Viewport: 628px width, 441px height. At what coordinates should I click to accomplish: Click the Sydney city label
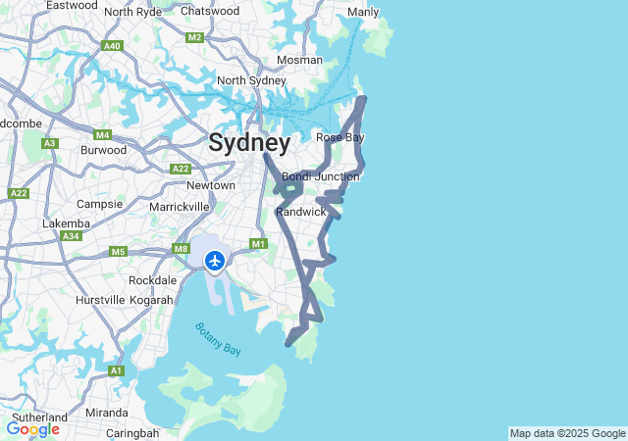tap(249, 143)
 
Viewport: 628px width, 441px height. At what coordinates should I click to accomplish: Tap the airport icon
tap(215, 261)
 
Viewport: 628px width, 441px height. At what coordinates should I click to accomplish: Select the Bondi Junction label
tap(321, 176)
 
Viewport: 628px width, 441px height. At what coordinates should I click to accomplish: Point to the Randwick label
tap(300, 212)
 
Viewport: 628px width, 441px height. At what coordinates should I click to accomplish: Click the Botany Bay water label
tap(217, 338)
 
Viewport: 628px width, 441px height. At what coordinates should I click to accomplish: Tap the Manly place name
tap(363, 12)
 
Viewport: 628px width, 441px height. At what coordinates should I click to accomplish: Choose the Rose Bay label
tap(340, 137)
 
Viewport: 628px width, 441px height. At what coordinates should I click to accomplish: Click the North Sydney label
tap(251, 80)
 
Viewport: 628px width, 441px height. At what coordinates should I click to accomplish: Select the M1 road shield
tap(259, 243)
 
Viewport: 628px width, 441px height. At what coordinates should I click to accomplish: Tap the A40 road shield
tap(112, 46)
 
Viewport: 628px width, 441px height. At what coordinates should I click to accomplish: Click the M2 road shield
tap(194, 37)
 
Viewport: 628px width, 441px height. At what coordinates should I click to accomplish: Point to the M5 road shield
tap(119, 252)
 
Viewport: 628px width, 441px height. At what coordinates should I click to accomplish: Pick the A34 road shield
tap(70, 236)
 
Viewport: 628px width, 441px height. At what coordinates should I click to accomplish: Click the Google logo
tap(32, 429)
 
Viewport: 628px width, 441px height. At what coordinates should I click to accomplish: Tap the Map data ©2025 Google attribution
tap(567, 433)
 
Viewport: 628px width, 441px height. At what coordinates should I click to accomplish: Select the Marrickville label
tap(180, 207)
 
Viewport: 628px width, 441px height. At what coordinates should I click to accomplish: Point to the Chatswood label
tap(210, 11)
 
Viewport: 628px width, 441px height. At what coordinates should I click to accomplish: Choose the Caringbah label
tap(132, 433)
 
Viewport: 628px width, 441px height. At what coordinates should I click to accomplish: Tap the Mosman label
tap(299, 60)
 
